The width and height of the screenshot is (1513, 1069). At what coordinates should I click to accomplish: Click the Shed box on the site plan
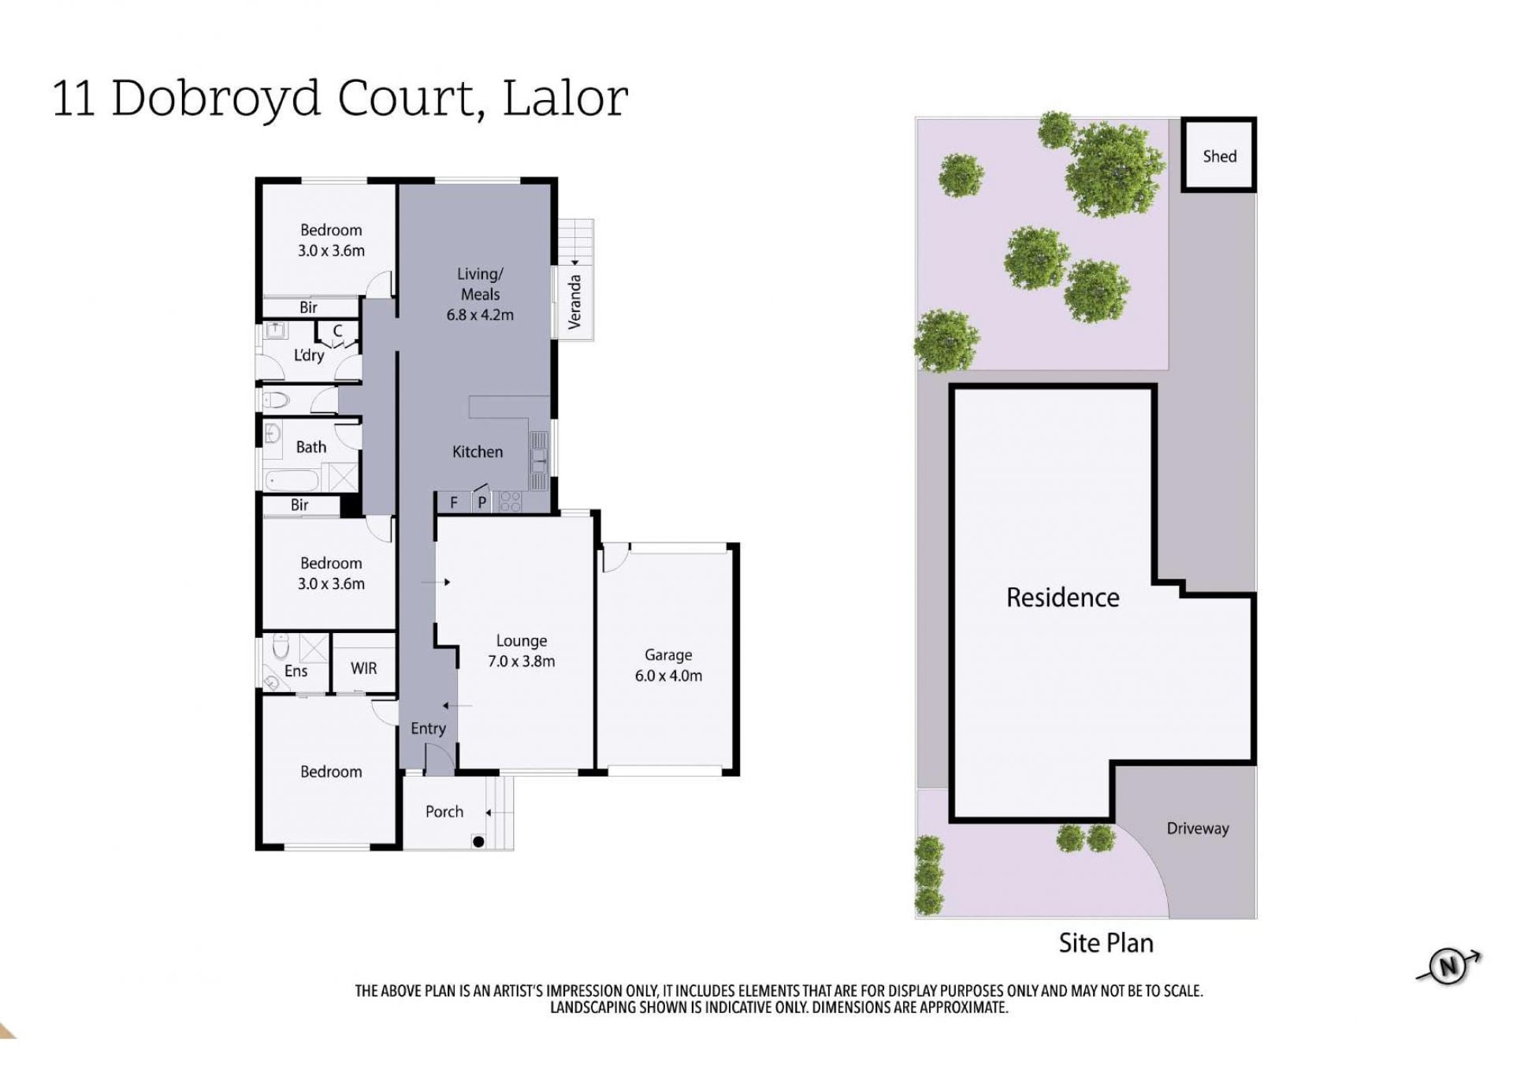coord(1218,155)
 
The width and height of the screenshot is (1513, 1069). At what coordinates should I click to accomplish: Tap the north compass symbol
coord(1448,966)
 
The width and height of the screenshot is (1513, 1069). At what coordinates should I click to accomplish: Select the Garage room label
coord(668,655)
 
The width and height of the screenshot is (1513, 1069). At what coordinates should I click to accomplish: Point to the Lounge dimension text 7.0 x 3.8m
coord(521,661)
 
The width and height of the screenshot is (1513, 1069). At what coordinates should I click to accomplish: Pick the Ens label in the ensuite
coord(296,671)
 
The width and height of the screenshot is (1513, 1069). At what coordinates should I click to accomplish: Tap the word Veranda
coord(574,301)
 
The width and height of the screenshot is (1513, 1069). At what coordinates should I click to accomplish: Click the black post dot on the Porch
coord(478,842)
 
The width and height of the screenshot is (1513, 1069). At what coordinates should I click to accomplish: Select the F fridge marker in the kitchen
coord(454,502)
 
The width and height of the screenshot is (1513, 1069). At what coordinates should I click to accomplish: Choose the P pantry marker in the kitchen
coord(482,502)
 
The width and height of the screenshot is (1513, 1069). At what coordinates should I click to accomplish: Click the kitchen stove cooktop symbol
coord(510,502)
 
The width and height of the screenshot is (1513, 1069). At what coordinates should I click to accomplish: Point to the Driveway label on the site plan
coord(1198,829)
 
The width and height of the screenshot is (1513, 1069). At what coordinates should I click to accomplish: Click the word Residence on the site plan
coord(1062,598)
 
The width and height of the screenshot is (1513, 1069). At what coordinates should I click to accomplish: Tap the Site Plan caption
coord(1106,943)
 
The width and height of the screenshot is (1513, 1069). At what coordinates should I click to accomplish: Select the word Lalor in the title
coord(565,99)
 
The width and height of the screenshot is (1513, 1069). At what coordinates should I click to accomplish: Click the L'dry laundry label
coord(308,355)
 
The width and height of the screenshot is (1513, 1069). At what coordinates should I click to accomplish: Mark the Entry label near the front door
coord(428,729)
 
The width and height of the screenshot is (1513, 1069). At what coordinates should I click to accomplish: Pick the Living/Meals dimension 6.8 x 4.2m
coord(480,315)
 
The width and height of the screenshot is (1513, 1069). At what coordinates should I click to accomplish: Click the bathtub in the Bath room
coord(292,479)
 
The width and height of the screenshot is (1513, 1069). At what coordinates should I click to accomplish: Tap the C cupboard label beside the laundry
coord(337,331)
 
